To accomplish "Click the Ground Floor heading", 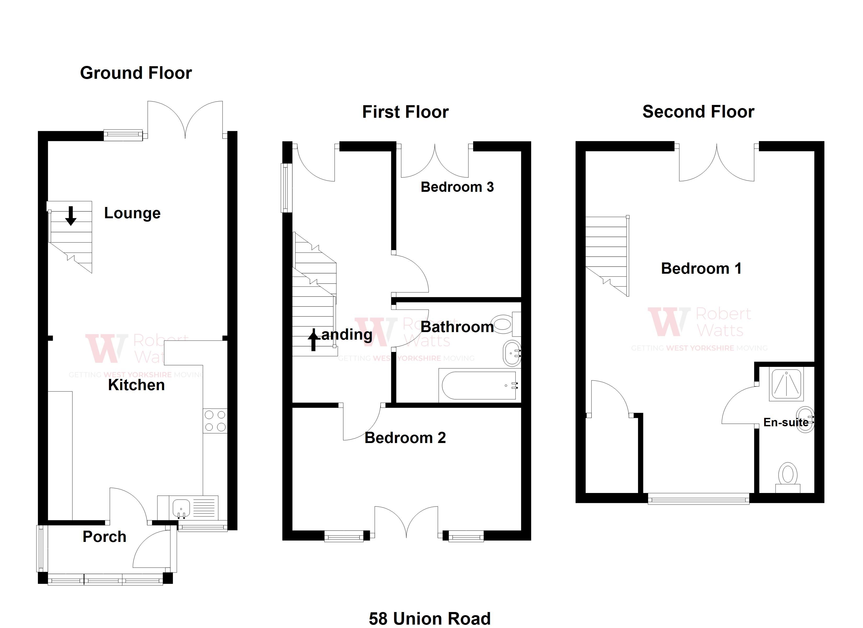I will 136,73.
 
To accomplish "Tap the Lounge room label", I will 132,213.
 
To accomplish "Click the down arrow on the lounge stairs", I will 71,216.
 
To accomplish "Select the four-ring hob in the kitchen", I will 215,421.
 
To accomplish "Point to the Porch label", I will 104,537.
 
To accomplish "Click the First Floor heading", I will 405,112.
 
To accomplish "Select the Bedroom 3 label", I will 457,187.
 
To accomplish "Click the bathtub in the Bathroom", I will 479,385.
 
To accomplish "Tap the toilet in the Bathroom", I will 504,324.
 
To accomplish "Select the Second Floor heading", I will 698,111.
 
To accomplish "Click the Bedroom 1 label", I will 701,268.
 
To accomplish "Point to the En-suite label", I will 786,422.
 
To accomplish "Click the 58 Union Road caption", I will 430,619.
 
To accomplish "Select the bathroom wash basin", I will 511,353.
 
